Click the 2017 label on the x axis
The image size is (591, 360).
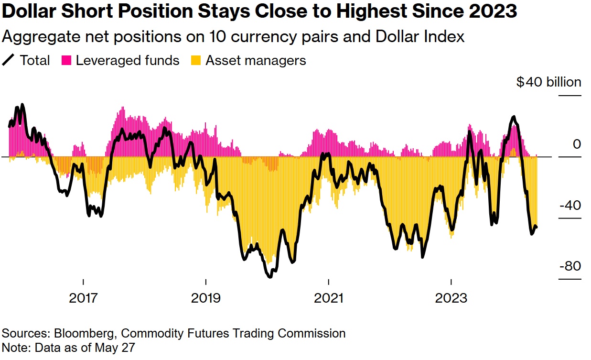pos(83,298)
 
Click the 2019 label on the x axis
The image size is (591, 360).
pos(206,298)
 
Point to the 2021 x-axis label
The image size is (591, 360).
pos(329,298)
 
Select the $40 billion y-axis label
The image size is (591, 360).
pos(548,82)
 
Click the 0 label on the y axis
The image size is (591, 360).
pos(577,144)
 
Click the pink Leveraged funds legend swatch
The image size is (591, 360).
pos(66,61)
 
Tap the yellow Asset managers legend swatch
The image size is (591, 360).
pos(196,61)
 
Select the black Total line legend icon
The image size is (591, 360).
pos(9,61)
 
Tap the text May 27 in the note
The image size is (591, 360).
pos(117,348)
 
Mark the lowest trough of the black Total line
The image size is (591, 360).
pos(270,276)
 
